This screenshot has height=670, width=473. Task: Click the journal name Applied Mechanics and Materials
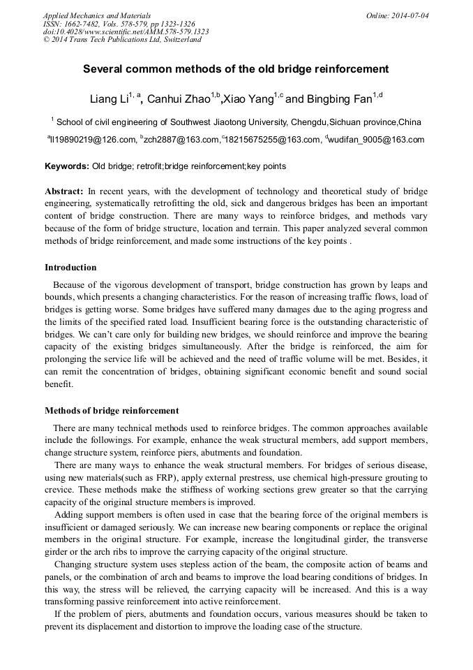coord(96,15)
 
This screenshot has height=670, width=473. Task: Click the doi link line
coord(126,31)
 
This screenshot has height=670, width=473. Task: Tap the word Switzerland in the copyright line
coord(179,40)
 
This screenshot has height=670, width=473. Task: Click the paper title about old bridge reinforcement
coord(236,69)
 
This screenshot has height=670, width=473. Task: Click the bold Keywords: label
coord(67,166)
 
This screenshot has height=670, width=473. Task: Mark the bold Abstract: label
coord(64,191)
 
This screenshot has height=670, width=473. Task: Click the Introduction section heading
coord(70,268)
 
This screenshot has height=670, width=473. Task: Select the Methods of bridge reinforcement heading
coord(112,411)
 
